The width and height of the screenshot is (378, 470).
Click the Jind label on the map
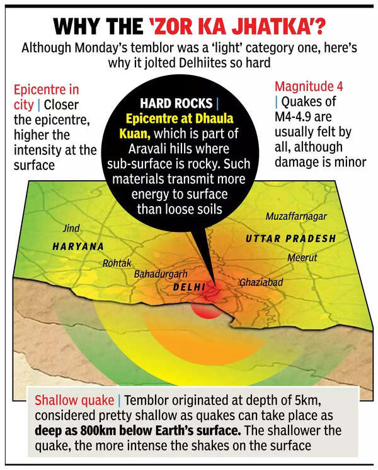(x=72, y=228)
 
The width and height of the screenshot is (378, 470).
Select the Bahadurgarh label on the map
(x=161, y=275)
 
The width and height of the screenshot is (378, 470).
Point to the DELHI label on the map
(x=190, y=287)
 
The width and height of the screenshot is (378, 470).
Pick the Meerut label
(x=302, y=258)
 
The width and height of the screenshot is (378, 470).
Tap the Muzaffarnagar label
(x=296, y=217)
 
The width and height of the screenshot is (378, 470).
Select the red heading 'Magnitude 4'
(x=303, y=89)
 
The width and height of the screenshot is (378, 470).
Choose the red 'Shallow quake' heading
(x=74, y=400)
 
